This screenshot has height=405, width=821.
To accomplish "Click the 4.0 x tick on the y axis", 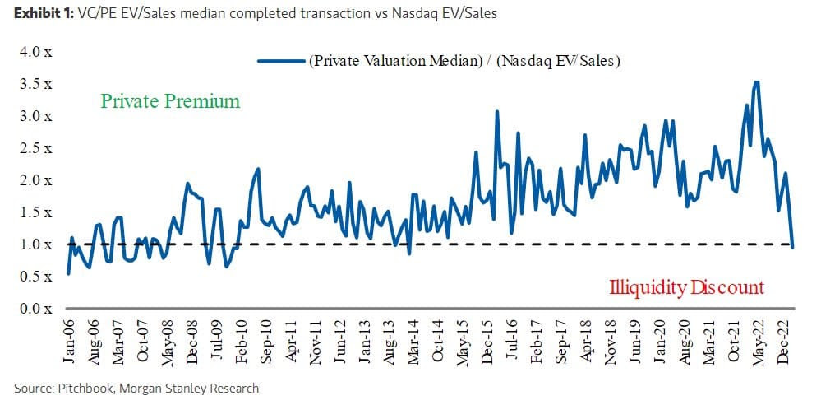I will pyautogui.click(x=35, y=52).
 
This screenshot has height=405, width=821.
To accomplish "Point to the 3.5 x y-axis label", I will pyautogui.click(x=35, y=84).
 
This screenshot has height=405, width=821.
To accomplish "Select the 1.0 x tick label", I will pyautogui.click(x=35, y=244).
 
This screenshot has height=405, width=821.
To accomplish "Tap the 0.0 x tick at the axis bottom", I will pyautogui.click(x=35, y=309).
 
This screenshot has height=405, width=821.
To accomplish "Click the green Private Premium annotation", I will pyautogui.click(x=170, y=101).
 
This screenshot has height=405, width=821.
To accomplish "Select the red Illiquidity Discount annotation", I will pyautogui.click(x=686, y=287).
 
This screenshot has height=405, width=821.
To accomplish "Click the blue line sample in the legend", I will pyautogui.click(x=280, y=60).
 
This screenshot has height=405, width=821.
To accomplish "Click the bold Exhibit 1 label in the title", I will pyautogui.click(x=39, y=13).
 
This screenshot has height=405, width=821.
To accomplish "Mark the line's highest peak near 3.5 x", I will pyautogui.click(x=756, y=81).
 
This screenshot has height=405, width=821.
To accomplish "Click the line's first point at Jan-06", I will pyautogui.click(x=68, y=273).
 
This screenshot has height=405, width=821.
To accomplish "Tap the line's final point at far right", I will pyautogui.click(x=793, y=247).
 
